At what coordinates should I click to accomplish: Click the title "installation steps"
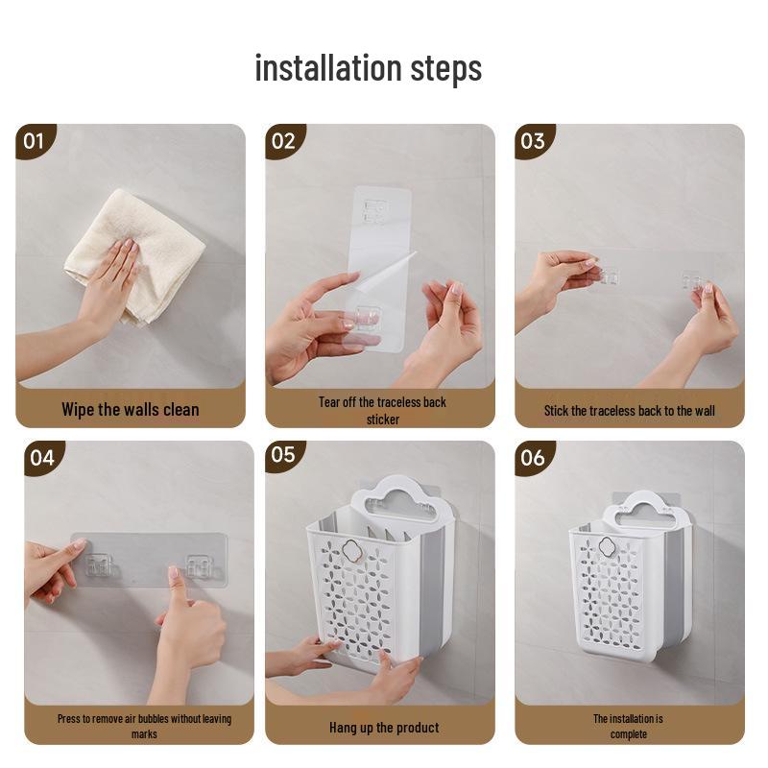point(369,68)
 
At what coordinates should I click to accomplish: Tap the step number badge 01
point(34,141)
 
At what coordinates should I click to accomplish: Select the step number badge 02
point(283,141)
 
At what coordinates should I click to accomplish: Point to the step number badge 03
point(533,141)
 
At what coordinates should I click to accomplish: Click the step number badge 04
point(41,458)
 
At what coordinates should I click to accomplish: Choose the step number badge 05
point(283,455)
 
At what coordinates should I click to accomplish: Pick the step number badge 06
point(533,458)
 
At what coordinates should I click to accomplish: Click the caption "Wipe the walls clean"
point(131,410)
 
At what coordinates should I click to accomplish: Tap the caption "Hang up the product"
point(384,728)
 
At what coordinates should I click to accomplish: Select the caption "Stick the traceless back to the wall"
point(630,411)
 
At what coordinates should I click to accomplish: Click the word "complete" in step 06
point(629,734)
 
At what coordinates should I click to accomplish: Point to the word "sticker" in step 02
point(383,420)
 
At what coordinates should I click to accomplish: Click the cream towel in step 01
point(134,255)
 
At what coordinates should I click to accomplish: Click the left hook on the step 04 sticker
point(99,565)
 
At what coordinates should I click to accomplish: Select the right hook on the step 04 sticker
point(200,565)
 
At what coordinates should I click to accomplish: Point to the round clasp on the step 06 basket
point(608,544)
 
